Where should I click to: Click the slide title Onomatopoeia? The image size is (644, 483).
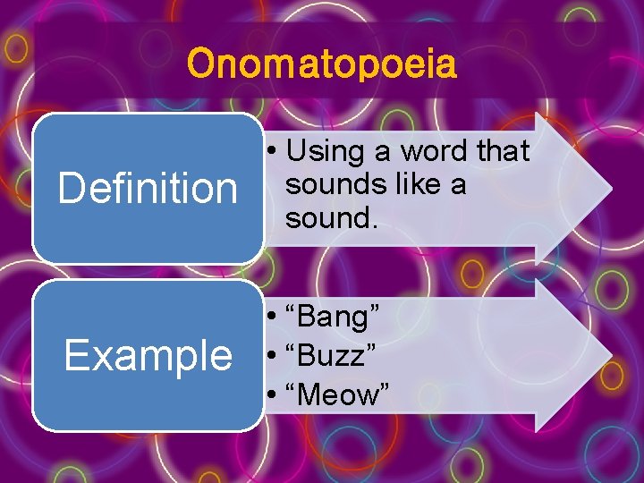pyautogui.click(x=322, y=64)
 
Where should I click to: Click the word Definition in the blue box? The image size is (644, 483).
pyautogui.click(x=148, y=189)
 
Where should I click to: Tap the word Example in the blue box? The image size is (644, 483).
pyautogui.click(x=148, y=355)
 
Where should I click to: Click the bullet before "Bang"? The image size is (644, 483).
pyautogui.click(x=269, y=318)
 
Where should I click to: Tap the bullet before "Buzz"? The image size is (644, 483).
pyautogui.click(x=269, y=357)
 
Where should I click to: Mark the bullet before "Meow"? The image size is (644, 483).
pyautogui.click(x=269, y=395)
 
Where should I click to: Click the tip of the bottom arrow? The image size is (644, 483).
pyautogui.click(x=611, y=355)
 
